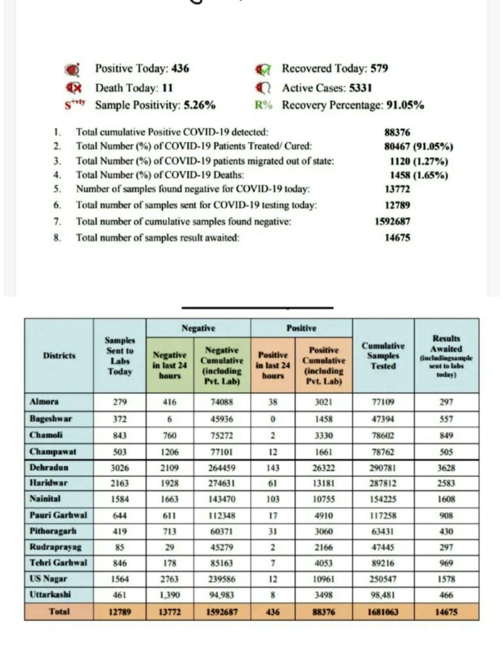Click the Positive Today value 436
pos(181,69)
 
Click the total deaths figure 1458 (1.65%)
pos(417,175)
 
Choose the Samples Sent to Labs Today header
pos(120,356)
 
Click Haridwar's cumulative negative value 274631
pos(221,484)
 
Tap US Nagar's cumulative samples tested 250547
pos(383,579)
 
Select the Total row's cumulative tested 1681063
pos(383,611)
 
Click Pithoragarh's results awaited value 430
pos(446,532)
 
